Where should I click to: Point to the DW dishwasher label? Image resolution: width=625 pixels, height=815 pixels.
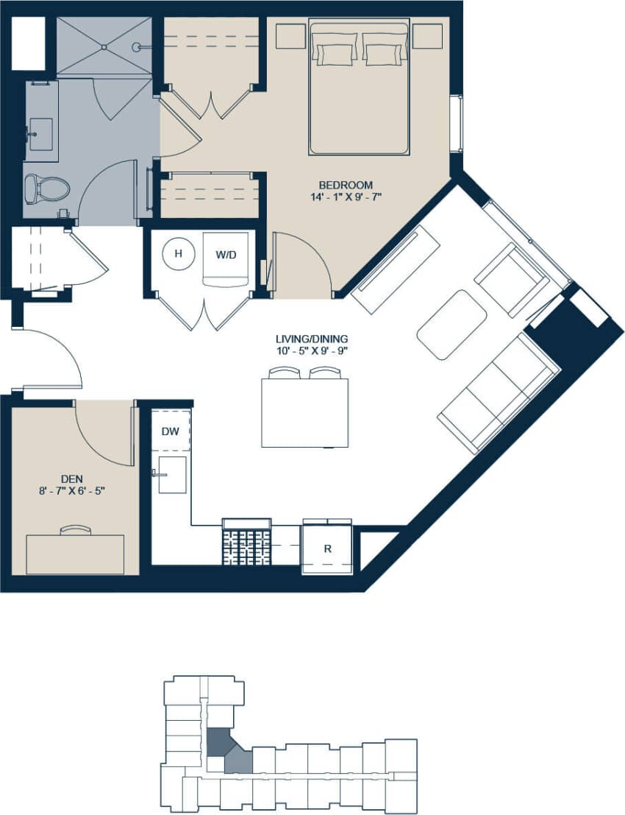coord(170,431)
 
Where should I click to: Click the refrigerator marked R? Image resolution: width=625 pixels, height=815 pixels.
coord(328,549)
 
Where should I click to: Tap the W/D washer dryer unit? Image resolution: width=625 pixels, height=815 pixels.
coord(225,255)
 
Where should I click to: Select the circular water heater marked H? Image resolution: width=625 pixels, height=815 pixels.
coord(176,254)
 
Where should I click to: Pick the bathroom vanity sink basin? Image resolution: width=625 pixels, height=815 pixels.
coord(40,134)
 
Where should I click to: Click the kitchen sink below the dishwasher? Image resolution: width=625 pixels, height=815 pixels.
coord(173,475)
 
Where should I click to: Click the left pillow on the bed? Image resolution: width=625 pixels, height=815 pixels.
coord(335,54)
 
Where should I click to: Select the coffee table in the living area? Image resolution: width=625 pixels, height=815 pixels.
coord(451,325)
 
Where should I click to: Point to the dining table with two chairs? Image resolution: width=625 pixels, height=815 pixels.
coord(304,412)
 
